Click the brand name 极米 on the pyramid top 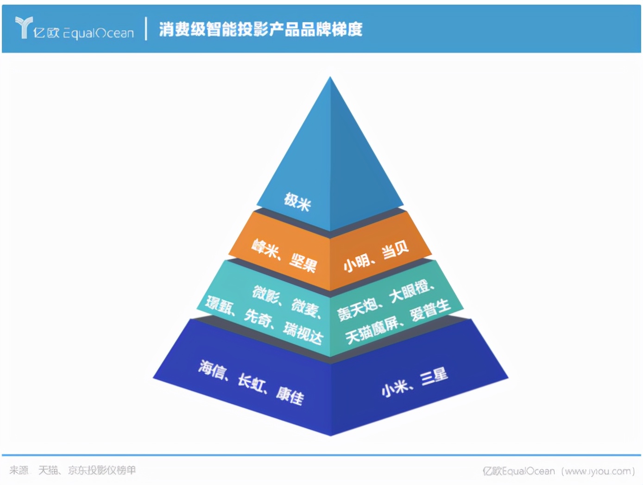(x=297, y=202)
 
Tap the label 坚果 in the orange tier (x=303, y=262)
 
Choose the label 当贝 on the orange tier (x=395, y=249)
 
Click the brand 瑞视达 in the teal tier (x=303, y=333)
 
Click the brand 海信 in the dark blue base (x=212, y=370)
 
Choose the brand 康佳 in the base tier (x=290, y=396)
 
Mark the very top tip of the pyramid (x=330, y=78)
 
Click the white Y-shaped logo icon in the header (x=23, y=27)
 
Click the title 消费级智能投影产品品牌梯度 (x=260, y=29)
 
